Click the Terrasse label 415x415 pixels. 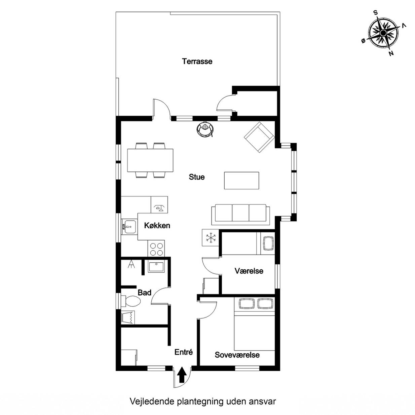click(197, 62)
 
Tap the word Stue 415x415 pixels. click(197, 177)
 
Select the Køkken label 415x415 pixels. click(157, 225)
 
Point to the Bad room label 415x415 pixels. click(145, 293)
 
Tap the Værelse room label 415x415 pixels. click(249, 271)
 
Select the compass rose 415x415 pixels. click(383, 33)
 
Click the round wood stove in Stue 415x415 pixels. click(205, 129)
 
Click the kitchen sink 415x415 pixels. click(129, 227)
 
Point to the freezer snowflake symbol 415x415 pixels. click(211, 237)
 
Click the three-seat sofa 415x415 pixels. click(240, 214)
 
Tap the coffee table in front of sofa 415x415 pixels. click(241, 181)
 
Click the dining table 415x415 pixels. click(150, 160)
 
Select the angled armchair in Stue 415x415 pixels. click(259, 137)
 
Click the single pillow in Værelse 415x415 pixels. click(268, 243)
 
